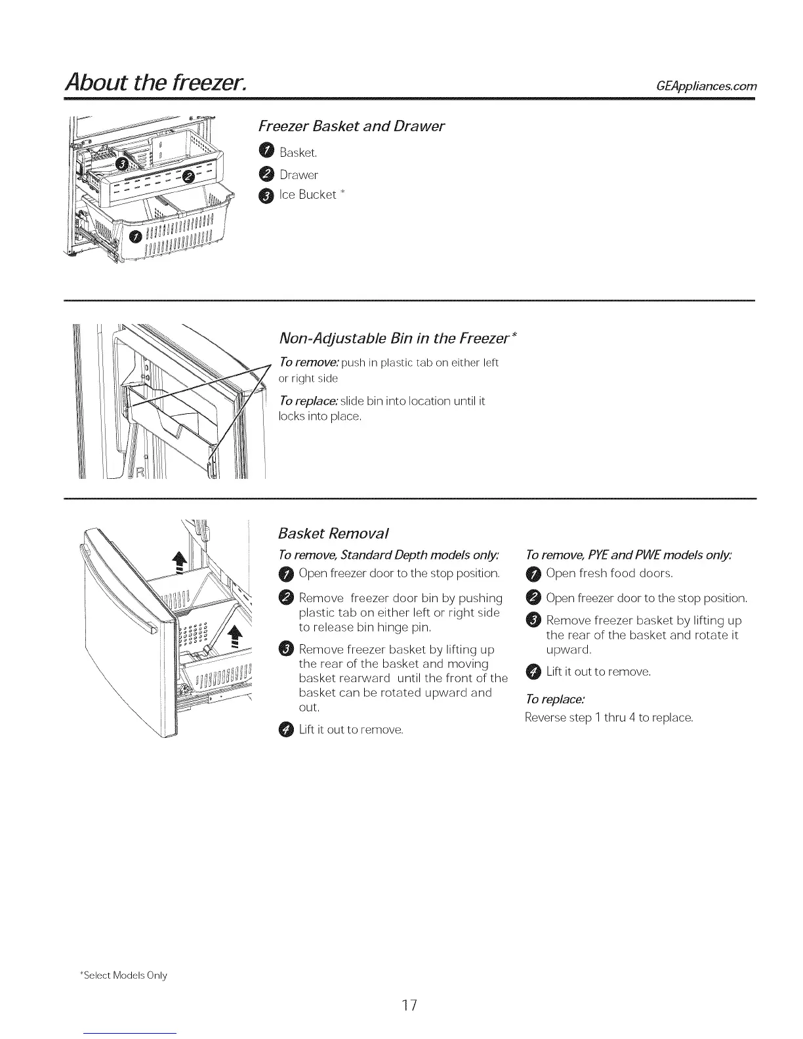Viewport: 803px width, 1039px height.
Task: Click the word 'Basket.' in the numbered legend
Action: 299,153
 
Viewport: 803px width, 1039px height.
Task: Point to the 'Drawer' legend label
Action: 299,174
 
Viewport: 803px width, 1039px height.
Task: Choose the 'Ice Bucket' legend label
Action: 307,195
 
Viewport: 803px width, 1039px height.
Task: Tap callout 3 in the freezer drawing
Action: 121,162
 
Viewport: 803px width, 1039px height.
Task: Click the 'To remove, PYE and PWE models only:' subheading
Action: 628,555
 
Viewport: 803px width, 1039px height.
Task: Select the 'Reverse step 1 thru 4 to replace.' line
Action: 609,718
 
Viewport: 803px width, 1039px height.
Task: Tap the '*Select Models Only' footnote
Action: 123,975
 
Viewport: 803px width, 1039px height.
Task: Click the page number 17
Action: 410,1006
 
